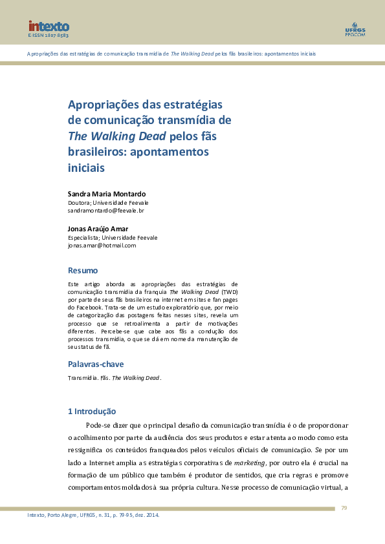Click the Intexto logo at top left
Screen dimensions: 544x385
tap(48, 26)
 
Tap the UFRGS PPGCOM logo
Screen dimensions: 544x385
tap(355, 29)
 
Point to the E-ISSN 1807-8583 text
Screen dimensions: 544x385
tap(48, 36)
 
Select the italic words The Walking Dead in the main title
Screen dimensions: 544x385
tap(117, 136)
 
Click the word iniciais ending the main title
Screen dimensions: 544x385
tap(86, 167)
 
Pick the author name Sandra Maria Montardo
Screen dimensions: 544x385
tap(107, 194)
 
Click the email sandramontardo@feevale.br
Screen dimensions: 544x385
tap(105, 211)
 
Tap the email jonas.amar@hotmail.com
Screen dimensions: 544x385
tap(102, 246)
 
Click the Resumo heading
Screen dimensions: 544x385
tap(83, 270)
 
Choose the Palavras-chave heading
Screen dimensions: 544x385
tap(96, 364)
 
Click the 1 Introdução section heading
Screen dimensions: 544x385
tap(92, 411)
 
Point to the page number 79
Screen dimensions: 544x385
tap(344, 508)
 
